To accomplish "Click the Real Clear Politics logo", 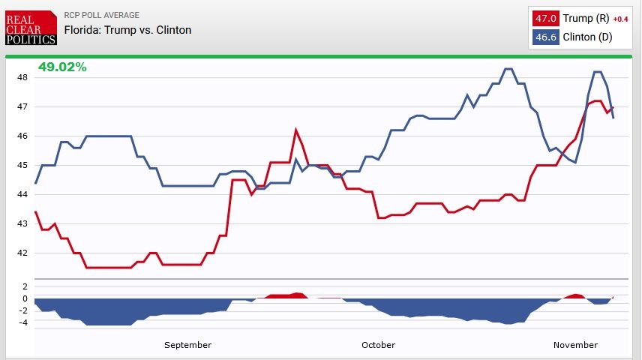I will (31, 27).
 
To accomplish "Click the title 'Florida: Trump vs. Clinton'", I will (127, 30).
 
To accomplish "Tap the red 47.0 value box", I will (545, 19).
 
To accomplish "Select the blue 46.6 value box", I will (545, 37).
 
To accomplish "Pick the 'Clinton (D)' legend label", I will (588, 37).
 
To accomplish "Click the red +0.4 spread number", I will (621, 19).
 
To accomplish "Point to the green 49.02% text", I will (62, 67).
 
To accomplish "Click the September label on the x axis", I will (187, 345).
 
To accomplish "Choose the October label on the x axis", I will (378, 345).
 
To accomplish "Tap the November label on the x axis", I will (575, 345).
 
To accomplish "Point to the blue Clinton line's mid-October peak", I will (508, 69).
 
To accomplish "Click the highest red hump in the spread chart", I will (297, 293).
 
